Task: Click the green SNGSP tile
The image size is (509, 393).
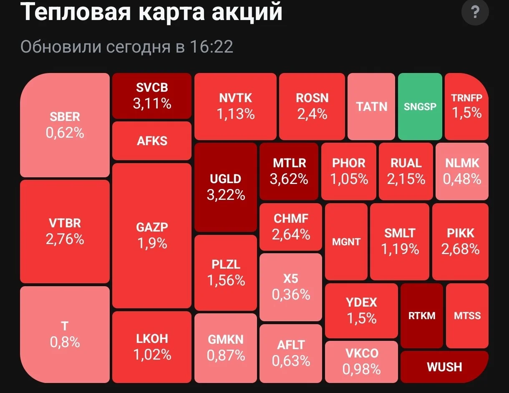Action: [420, 106]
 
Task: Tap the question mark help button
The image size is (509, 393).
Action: [475, 12]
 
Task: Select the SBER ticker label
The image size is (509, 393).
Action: [65, 117]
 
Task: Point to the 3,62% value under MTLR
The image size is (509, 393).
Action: [289, 179]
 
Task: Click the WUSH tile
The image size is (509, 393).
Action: [445, 367]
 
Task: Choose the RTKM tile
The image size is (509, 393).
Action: [422, 316]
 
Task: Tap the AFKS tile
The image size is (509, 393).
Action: [152, 141]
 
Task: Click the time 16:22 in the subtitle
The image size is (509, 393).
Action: [212, 47]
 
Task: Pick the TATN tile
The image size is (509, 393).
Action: [371, 106]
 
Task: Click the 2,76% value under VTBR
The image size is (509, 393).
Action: [65, 239]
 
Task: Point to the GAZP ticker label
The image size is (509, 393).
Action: [152, 227]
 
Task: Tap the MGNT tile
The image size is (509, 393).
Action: [346, 242]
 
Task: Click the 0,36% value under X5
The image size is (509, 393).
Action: [291, 295]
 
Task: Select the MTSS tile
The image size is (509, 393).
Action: [467, 316]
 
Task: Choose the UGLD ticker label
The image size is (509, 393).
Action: [226, 179]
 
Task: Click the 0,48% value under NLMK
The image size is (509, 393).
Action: [462, 179]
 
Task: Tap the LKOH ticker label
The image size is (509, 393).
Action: [152, 339]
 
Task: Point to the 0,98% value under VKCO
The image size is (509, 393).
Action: [362, 369]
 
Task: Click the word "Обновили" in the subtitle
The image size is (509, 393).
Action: [61, 47]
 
